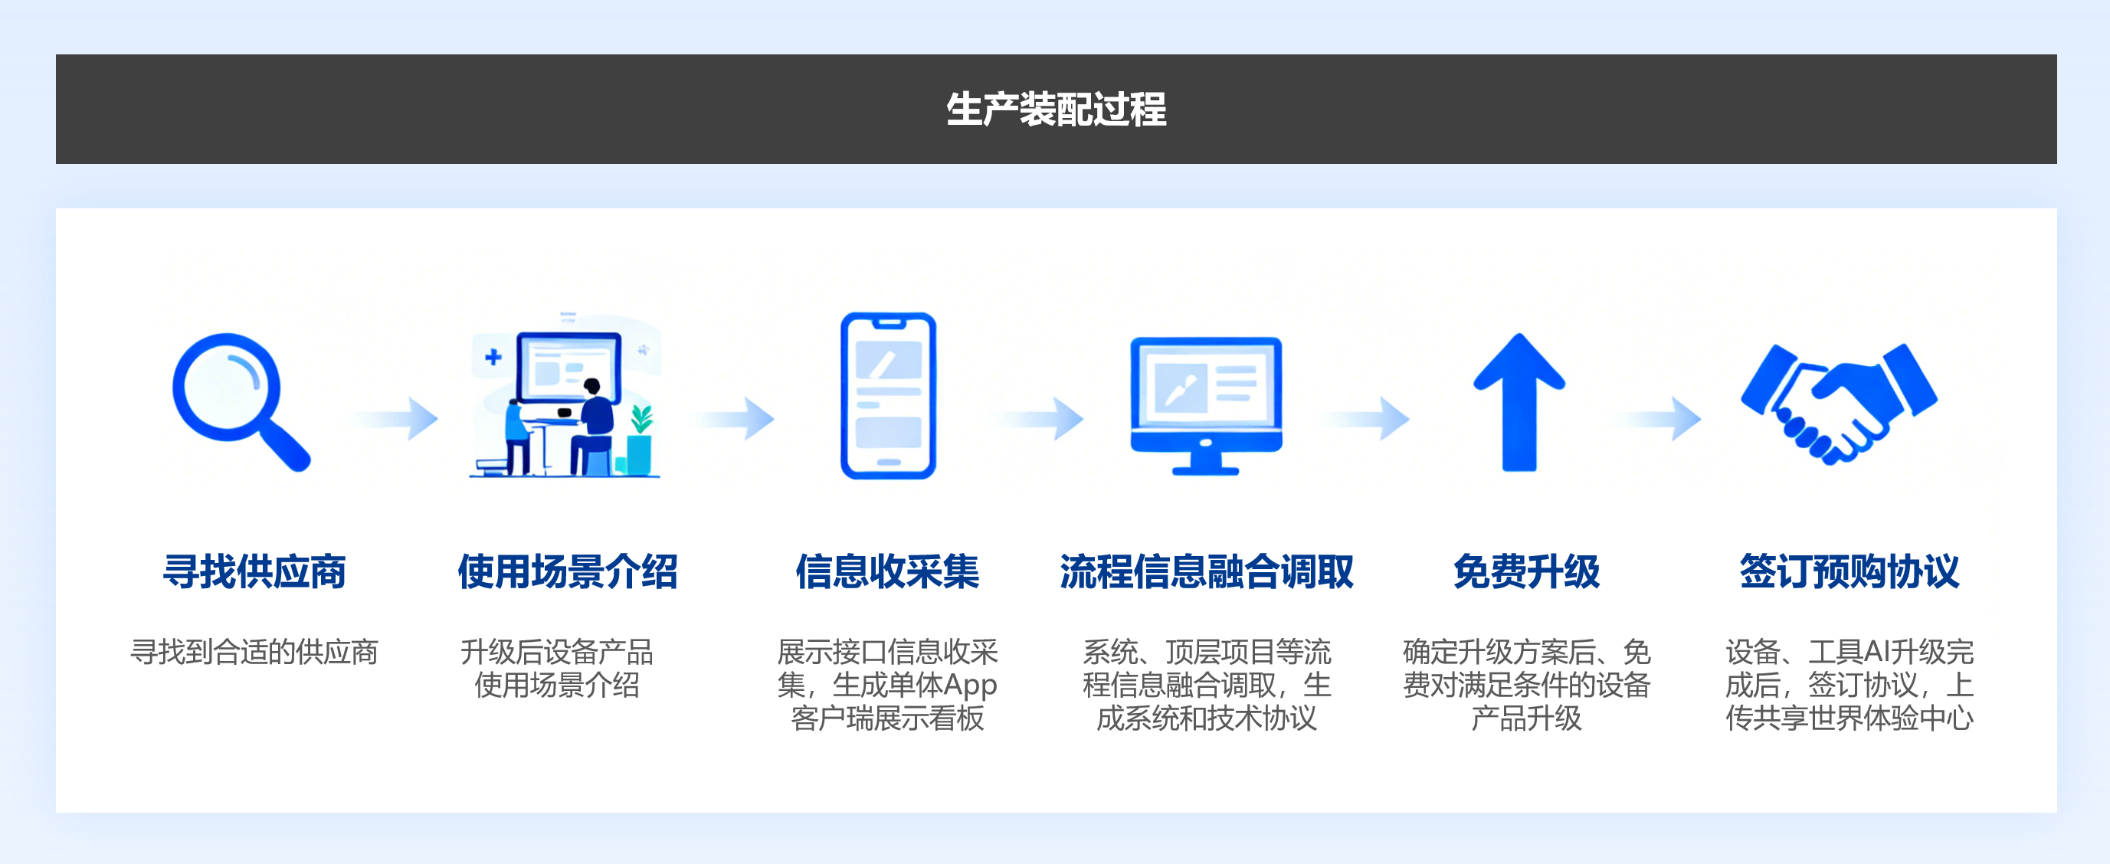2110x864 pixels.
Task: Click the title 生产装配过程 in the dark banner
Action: (x=1056, y=110)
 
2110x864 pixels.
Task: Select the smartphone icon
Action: (x=888, y=395)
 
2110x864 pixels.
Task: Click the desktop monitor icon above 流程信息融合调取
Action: (x=1206, y=403)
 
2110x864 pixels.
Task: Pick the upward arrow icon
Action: (x=1519, y=401)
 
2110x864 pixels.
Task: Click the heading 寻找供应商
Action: (x=254, y=571)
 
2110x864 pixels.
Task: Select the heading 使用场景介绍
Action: (x=568, y=571)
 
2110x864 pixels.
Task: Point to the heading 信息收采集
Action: (x=887, y=571)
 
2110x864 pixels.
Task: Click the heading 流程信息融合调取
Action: (x=1207, y=571)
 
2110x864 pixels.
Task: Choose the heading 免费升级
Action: (x=1526, y=571)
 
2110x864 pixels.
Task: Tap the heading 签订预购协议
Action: (x=1849, y=571)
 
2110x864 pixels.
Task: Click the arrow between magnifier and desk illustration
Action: (x=398, y=418)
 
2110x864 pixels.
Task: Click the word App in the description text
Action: (x=970, y=685)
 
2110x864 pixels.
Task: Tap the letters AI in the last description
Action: (x=1876, y=652)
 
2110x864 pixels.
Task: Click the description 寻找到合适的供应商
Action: (x=254, y=652)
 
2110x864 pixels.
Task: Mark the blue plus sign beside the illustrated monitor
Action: (x=493, y=357)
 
